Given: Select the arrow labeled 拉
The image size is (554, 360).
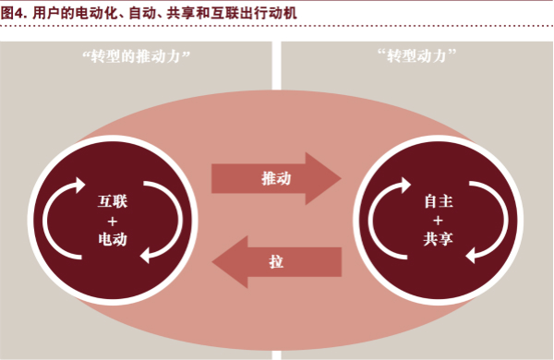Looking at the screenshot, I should [x=282, y=261].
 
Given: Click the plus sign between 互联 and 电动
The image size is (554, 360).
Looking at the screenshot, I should [x=111, y=220].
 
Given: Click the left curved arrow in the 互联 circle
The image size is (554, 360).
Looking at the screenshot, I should [x=61, y=220].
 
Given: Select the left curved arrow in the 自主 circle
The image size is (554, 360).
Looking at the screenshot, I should [x=383, y=220].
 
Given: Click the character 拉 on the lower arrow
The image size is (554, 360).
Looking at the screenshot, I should [x=276, y=261].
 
